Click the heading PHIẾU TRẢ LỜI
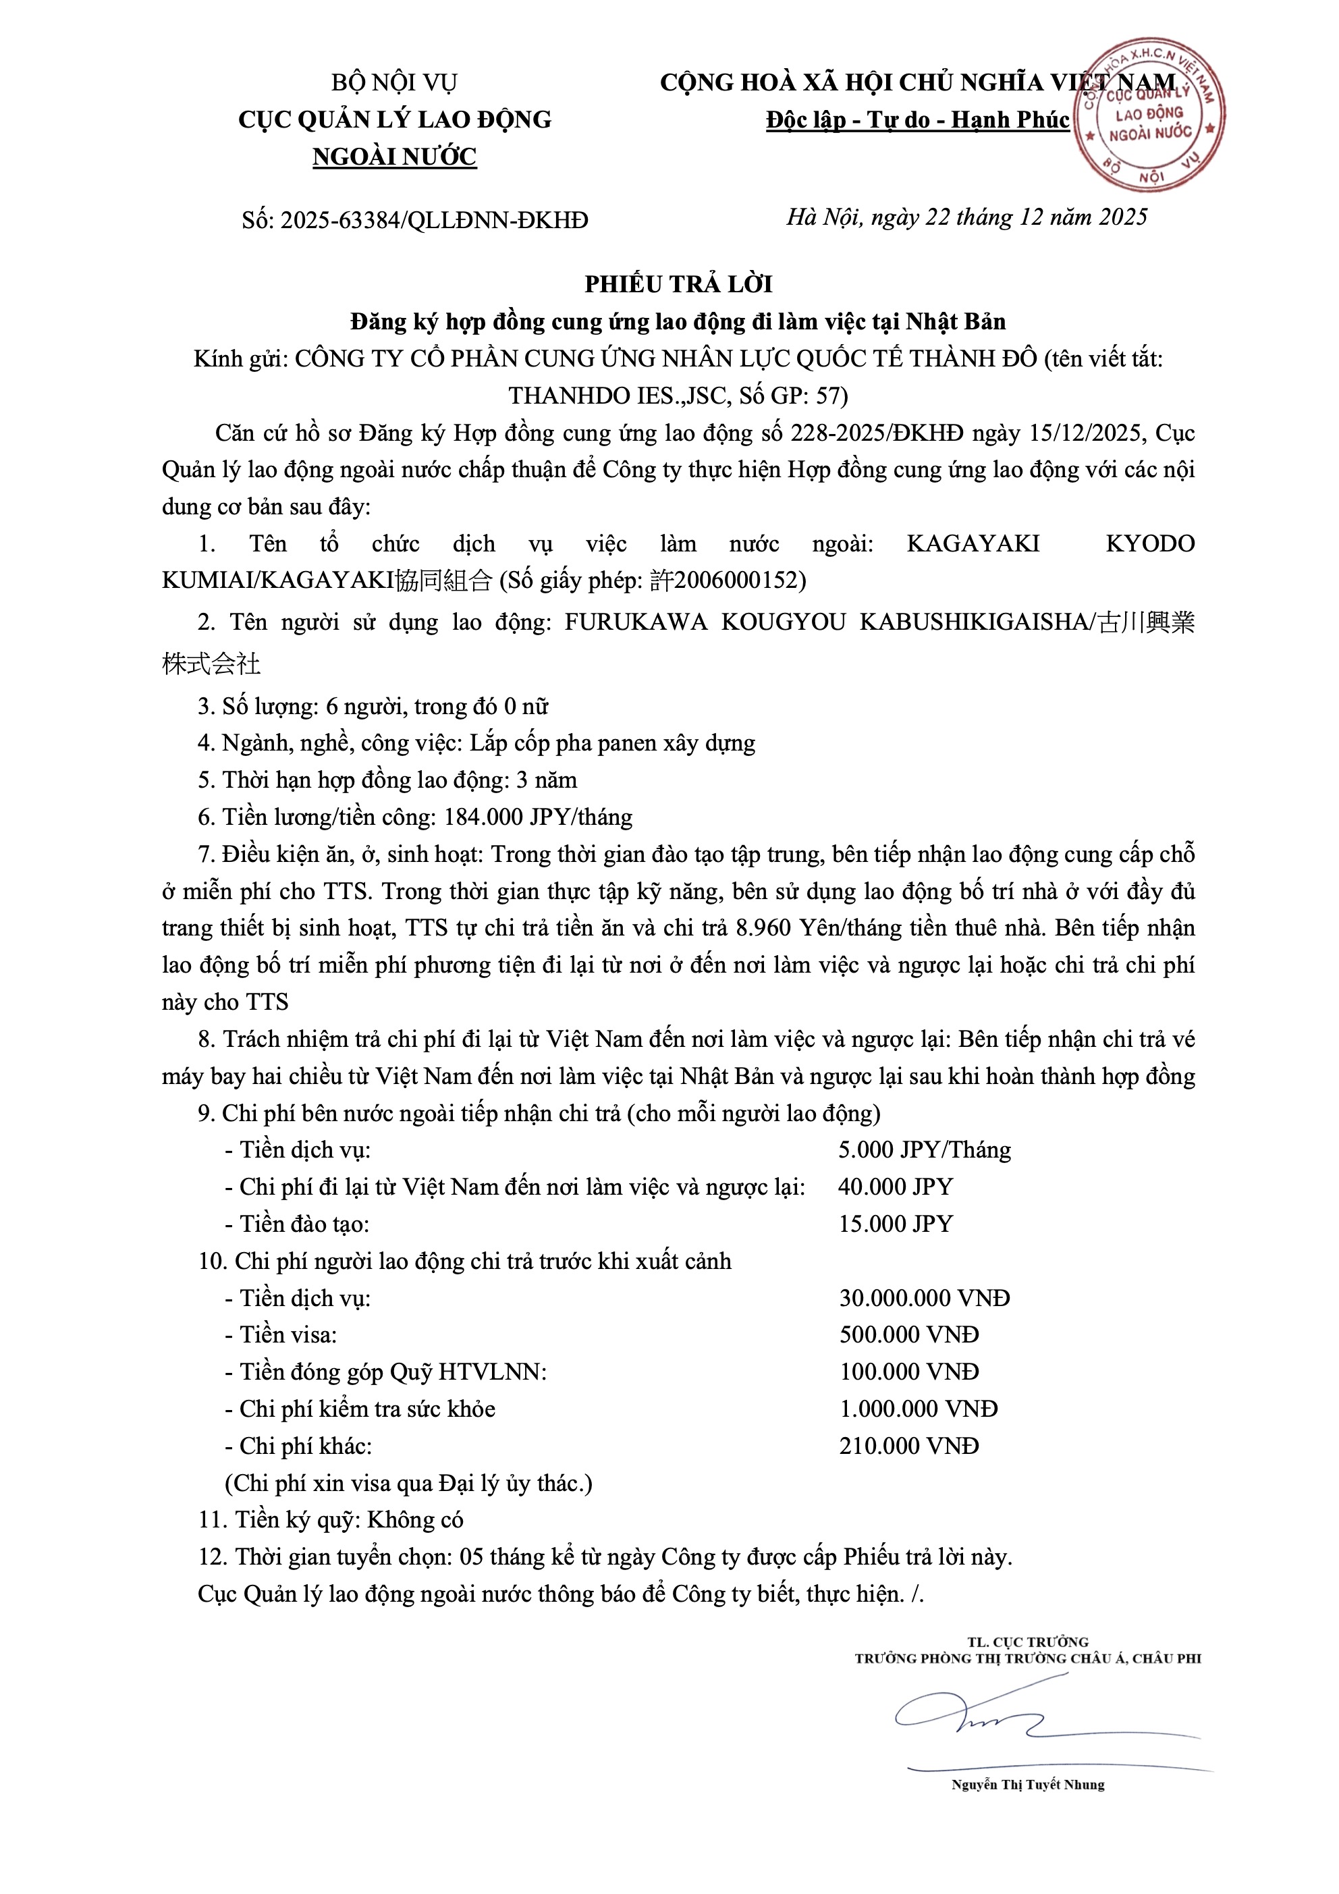tap(678, 285)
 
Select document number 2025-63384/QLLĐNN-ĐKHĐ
tap(434, 220)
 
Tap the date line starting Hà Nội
tap(966, 217)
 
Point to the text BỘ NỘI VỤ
tap(394, 82)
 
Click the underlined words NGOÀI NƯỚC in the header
tap(394, 157)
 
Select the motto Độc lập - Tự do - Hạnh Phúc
tap(917, 120)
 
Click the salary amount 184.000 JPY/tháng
tap(538, 817)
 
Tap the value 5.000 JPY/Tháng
tap(924, 1150)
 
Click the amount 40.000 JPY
tap(895, 1187)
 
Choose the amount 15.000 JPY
tap(895, 1224)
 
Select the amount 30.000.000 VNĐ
tap(924, 1299)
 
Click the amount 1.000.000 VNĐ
tap(919, 1409)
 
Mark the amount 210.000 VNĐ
tap(908, 1446)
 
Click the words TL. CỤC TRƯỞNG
tap(1027, 1642)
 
